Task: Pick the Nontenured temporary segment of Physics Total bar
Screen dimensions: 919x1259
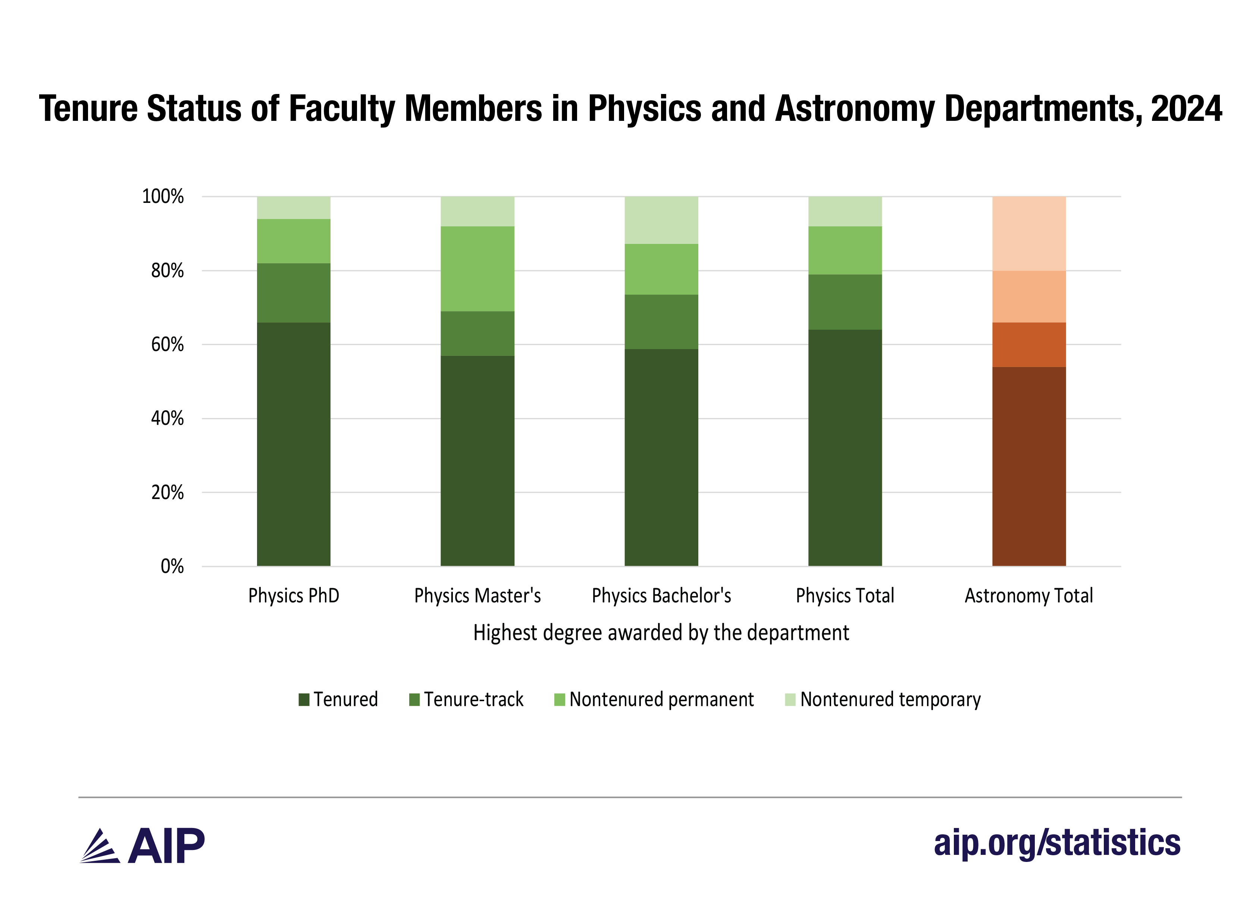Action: (x=845, y=211)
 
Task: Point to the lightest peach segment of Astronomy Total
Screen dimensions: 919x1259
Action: (x=1029, y=233)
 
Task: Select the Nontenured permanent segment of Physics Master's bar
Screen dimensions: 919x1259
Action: (x=477, y=269)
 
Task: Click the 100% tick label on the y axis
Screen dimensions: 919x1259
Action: (x=163, y=197)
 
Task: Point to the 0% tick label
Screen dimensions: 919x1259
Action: (x=172, y=566)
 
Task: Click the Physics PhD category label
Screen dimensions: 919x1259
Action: (x=293, y=596)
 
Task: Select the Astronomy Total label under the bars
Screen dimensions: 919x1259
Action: (x=1029, y=596)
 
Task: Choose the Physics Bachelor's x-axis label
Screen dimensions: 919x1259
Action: (x=661, y=596)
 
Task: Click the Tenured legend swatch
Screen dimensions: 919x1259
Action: (x=304, y=699)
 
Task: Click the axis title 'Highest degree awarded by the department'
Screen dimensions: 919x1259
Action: (x=661, y=633)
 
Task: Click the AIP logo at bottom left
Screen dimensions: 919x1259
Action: (x=143, y=846)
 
